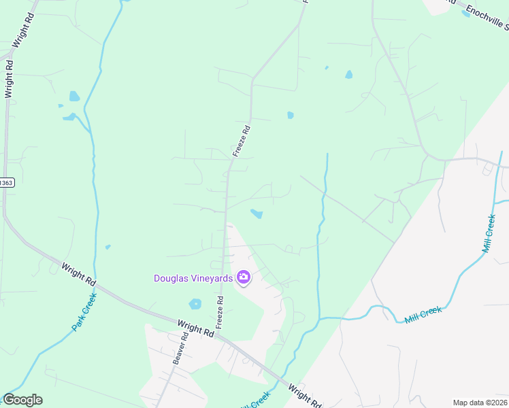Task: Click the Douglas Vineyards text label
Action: [x=193, y=277]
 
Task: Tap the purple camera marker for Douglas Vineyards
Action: [x=243, y=277]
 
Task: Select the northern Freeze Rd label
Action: [x=242, y=140]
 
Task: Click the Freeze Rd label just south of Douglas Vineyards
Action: [x=220, y=312]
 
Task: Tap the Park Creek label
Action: [x=84, y=312]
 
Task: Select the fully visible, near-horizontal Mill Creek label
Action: [x=423, y=314]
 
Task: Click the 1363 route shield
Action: [x=5, y=183]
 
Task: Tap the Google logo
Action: [x=22, y=400]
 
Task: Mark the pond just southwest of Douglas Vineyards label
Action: [x=195, y=304]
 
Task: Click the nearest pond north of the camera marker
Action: [x=257, y=214]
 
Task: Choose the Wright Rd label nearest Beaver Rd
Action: [x=195, y=330]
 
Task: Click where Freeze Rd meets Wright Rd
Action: [x=220, y=335]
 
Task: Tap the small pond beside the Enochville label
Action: [x=466, y=14]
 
